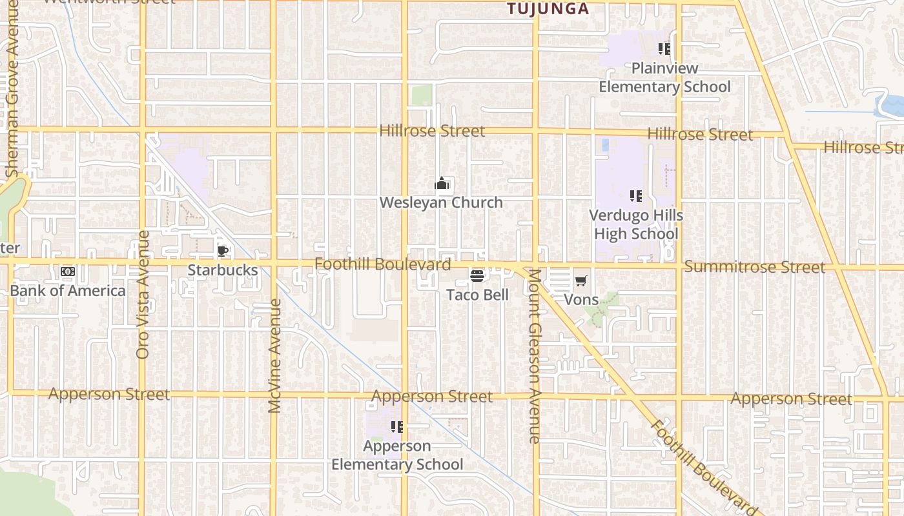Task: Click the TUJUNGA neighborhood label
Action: pyautogui.click(x=548, y=8)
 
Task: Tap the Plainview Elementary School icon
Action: pyautogui.click(x=664, y=48)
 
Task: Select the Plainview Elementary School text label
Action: pyautogui.click(x=664, y=77)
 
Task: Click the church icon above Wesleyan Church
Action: pyautogui.click(x=442, y=184)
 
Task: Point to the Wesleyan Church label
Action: pyautogui.click(x=441, y=203)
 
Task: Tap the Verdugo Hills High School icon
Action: pyautogui.click(x=636, y=195)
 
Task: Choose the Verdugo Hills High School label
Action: pyautogui.click(x=636, y=224)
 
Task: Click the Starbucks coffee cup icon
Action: pyautogui.click(x=223, y=252)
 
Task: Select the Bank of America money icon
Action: pyautogui.click(x=68, y=272)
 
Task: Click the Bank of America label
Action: pyautogui.click(x=68, y=291)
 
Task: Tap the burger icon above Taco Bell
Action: pyautogui.click(x=477, y=276)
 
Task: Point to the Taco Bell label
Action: pyautogui.click(x=478, y=295)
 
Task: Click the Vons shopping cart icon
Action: pyautogui.click(x=581, y=281)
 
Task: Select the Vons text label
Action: pyautogui.click(x=581, y=299)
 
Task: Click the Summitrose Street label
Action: pyautogui.click(x=754, y=267)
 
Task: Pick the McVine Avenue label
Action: pyautogui.click(x=274, y=356)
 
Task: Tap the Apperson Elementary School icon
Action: pyautogui.click(x=397, y=426)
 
